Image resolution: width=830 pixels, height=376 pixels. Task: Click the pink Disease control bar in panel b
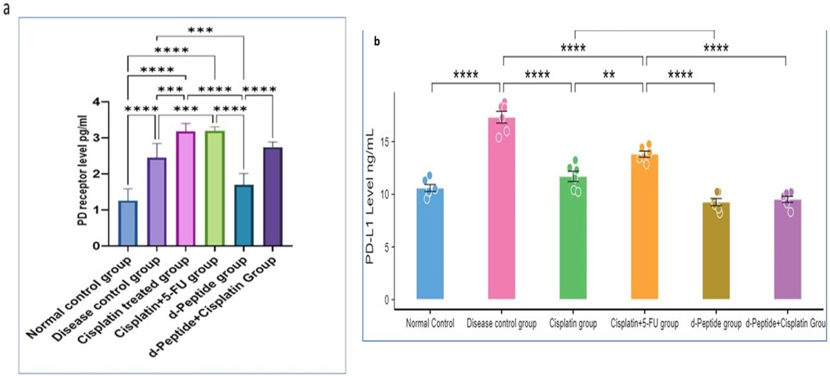pyautogui.click(x=501, y=209)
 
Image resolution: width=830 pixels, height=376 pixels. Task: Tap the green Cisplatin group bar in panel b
pyautogui.click(x=573, y=238)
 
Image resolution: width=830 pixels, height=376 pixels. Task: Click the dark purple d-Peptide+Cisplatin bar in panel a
pyautogui.click(x=273, y=196)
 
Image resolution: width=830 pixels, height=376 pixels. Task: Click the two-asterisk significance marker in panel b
pyautogui.click(x=609, y=75)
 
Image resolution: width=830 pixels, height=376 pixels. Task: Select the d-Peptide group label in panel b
pyautogui.click(x=716, y=323)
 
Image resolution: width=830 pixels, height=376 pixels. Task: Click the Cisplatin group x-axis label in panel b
pyautogui.click(x=573, y=323)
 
